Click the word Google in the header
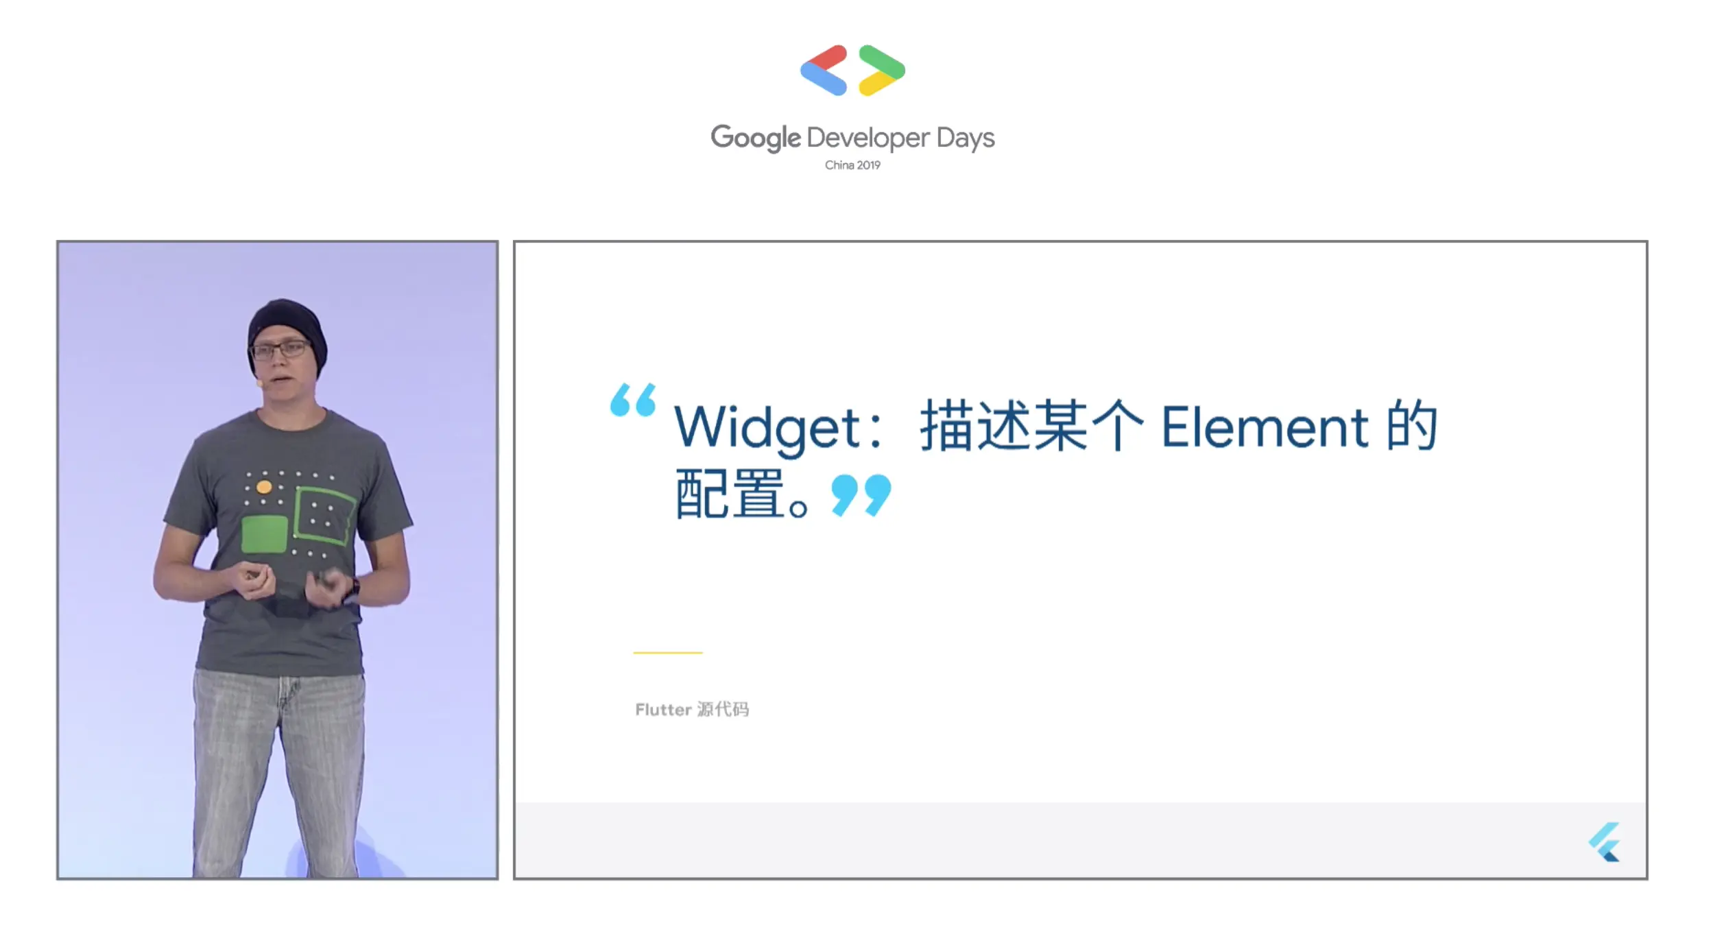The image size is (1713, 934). click(755, 138)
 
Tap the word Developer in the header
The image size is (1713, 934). click(868, 139)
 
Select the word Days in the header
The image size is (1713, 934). click(966, 139)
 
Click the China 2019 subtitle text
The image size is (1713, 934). click(852, 165)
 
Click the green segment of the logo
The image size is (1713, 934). click(882, 61)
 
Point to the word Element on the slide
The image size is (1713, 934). click(1265, 427)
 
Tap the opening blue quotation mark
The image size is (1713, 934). click(632, 400)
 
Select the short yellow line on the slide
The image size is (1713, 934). click(668, 653)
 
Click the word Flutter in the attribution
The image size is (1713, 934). click(663, 710)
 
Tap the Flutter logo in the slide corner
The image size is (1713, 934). click(1605, 842)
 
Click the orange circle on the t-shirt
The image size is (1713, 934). click(264, 488)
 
